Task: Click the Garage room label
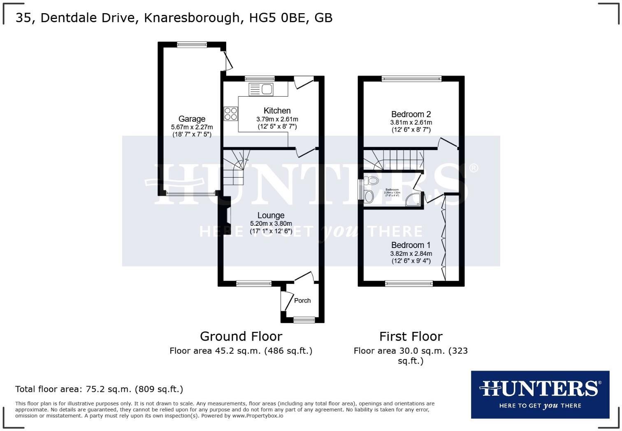click(x=192, y=119)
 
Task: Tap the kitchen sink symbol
click(x=261, y=89)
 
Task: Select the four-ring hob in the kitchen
click(x=231, y=114)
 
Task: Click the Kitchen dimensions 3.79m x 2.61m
click(x=277, y=119)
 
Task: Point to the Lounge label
click(x=271, y=215)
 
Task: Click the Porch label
click(x=302, y=301)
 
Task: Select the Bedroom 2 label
click(x=411, y=114)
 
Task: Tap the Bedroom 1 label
click(x=411, y=245)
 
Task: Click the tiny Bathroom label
click(x=392, y=190)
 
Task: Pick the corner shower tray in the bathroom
click(x=413, y=200)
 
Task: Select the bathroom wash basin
click(x=369, y=196)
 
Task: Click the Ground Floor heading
click(x=241, y=336)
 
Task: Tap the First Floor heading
click(x=411, y=336)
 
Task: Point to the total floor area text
click(x=99, y=389)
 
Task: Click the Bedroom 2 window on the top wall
click(x=411, y=79)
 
